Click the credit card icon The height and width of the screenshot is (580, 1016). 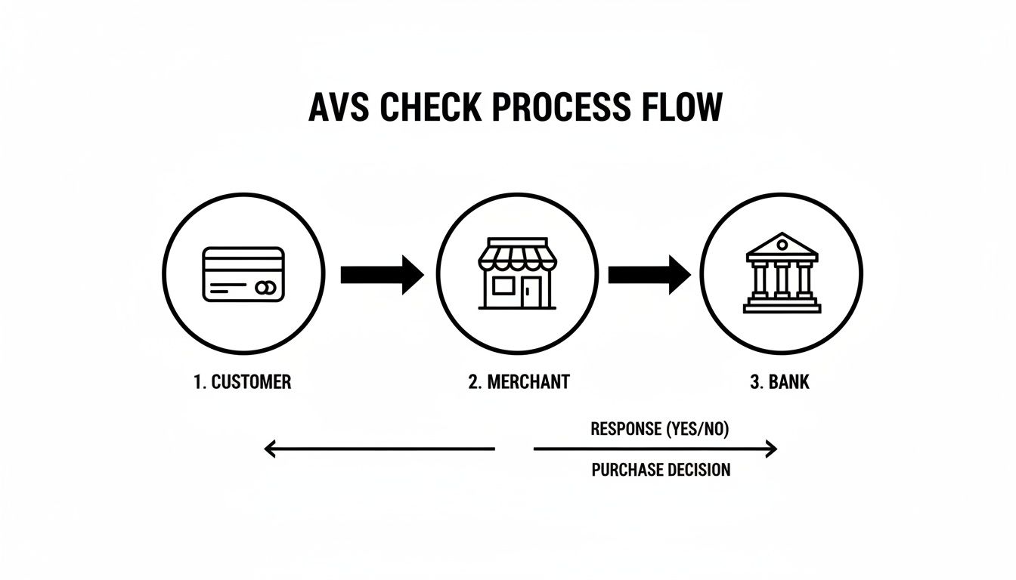point(243,274)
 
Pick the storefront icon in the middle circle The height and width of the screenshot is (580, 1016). point(517,274)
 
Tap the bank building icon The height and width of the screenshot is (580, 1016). point(781,273)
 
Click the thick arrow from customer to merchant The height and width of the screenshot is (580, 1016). point(382,274)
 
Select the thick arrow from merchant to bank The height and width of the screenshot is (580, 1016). point(649,274)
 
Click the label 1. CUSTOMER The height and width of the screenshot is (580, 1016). point(242,382)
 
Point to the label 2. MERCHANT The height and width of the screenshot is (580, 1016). point(519,382)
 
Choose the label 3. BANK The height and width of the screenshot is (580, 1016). point(779,382)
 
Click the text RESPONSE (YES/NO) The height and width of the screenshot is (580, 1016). point(660,430)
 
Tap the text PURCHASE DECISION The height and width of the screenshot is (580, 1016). point(661,470)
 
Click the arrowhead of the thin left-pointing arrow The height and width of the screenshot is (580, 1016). point(269,449)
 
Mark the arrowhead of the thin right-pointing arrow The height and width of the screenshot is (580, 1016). point(771,449)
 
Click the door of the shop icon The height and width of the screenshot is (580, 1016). point(534,292)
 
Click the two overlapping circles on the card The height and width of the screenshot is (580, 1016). point(265,288)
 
